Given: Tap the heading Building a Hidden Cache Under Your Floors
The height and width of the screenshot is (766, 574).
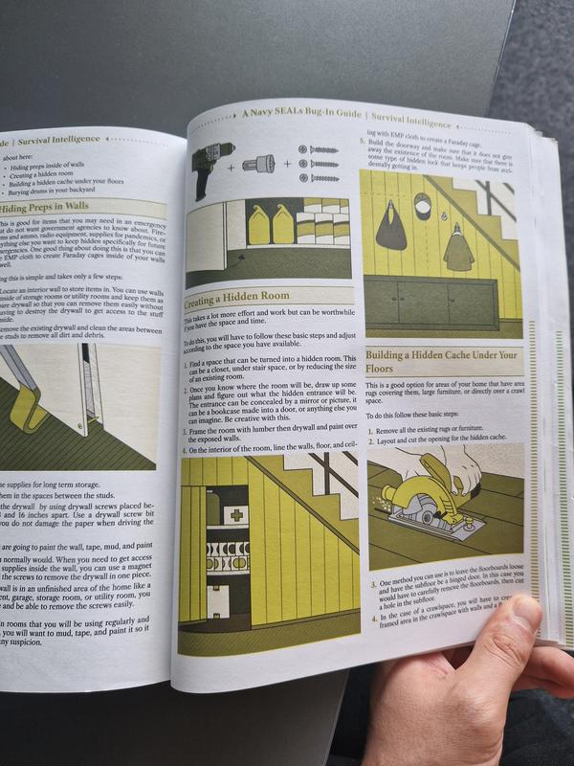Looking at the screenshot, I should point(439,361).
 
